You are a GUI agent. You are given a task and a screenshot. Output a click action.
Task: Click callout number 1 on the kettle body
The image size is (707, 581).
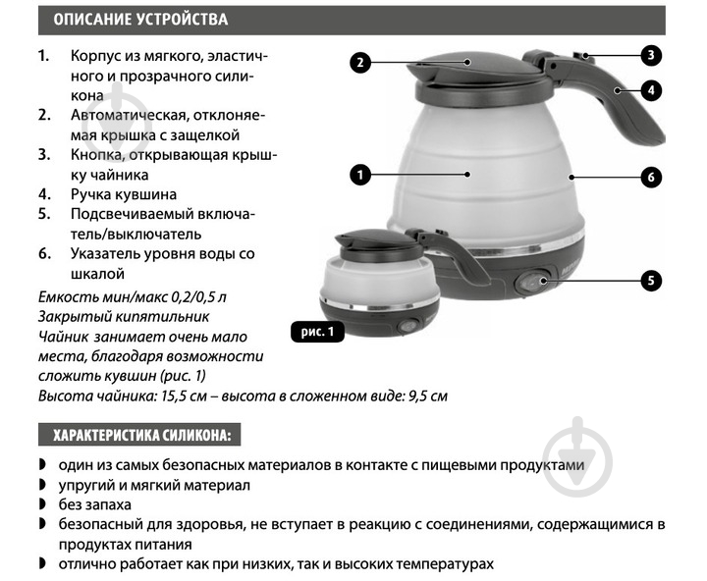pos(360,175)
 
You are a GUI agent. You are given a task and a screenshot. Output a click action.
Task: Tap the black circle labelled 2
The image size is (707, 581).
pos(360,62)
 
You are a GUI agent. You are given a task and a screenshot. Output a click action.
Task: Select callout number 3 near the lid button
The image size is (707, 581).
pos(651,55)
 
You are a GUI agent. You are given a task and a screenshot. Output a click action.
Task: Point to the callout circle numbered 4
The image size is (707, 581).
pos(651,90)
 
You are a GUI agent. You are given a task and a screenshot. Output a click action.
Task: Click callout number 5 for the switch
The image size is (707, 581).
pos(651,281)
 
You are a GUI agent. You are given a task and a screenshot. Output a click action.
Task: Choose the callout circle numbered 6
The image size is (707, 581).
pos(651,177)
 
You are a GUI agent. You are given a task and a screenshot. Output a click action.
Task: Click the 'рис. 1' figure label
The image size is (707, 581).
pos(317,332)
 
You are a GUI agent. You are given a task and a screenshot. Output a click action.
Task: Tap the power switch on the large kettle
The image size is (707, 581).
pos(532,283)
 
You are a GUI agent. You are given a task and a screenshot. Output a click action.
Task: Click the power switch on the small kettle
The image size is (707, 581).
pos(408,326)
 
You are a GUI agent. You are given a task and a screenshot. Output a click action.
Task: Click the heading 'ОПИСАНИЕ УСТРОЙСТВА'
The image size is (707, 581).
pos(140,20)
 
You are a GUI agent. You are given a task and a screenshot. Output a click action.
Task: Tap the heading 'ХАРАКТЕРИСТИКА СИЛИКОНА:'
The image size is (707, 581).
pos(142,435)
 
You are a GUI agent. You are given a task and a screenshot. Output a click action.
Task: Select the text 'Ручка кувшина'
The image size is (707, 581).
pos(124,194)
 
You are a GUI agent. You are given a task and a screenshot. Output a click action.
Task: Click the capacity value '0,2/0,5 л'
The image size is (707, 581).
pos(198,297)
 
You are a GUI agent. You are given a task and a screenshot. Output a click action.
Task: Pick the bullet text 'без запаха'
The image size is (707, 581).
pos(94,504)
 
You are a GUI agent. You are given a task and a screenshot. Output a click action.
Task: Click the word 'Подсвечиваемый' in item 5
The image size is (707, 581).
pos(134,214)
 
